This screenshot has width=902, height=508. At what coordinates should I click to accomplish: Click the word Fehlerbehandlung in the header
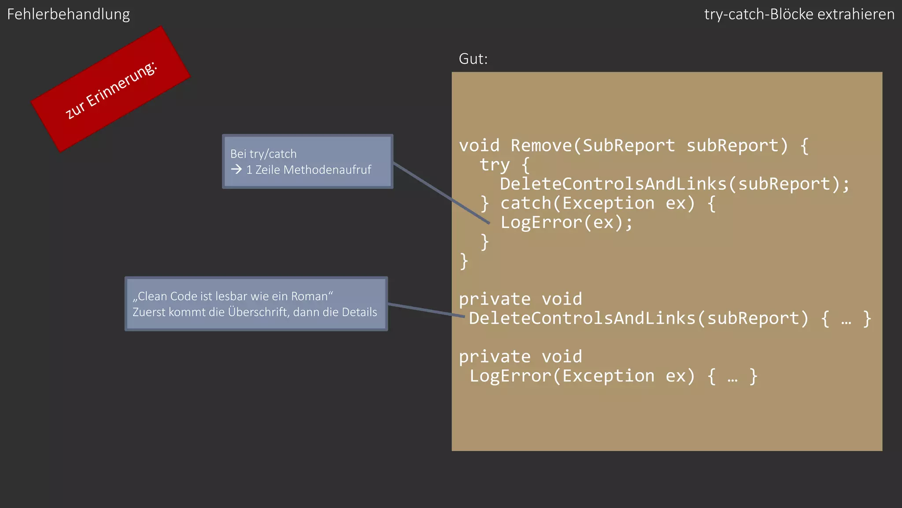pos(68,15)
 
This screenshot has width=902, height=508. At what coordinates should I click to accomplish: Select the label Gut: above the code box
pos(473,59)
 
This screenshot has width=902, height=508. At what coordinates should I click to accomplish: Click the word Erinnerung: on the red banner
pos(122,84)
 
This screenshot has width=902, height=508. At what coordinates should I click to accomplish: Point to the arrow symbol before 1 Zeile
pos(237,169)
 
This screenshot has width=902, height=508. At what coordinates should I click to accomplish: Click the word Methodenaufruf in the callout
pos(327,170)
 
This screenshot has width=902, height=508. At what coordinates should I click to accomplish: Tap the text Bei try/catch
pos(263,154)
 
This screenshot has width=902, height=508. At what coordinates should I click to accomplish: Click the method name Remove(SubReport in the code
pos(592,146)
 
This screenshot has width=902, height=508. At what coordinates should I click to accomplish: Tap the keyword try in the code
pos(495,165)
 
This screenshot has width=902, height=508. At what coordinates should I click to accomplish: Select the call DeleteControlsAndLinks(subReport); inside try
pos(674,184)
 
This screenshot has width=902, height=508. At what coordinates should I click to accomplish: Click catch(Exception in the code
pos(577,203)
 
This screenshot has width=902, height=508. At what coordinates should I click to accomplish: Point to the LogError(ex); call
pos(566,223)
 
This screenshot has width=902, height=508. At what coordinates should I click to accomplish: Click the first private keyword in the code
pos(495,299)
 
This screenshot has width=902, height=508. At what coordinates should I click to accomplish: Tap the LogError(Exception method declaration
pos(562,376)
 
